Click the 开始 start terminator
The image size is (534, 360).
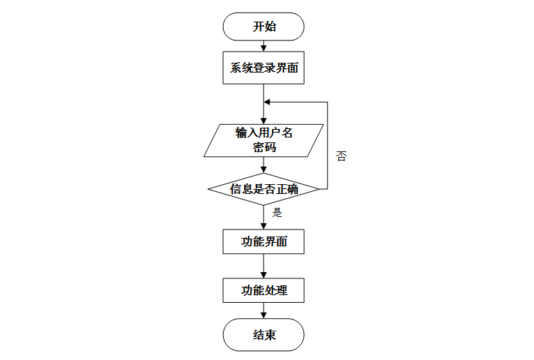click(x=264, y=27)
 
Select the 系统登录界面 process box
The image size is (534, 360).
click(x=264, y=68)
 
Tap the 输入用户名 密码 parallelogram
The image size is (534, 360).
click(x=264, y=140)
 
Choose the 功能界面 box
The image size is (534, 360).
click(x=264, y=242)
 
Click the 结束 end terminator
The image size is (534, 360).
click(x=264, y=335)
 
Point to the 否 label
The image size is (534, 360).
click(x=341, y=156)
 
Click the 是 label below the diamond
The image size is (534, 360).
click(x=277, y=213)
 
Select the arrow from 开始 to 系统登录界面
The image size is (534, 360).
click(x=264, y=47)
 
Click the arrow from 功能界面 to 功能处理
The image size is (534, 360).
click(x=264, y=266)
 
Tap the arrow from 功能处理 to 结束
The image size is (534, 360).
click(x=264, y=310)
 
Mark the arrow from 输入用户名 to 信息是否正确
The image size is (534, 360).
click(x=264, y=165)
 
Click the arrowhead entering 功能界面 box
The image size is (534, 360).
click(x=264, y=225)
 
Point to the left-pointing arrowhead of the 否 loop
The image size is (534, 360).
click(x=267, y=102)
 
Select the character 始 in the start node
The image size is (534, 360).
click(x=270, y=27)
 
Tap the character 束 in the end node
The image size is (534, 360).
click(x=270, y=335)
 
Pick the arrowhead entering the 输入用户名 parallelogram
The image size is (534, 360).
click(x=264, y=120)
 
